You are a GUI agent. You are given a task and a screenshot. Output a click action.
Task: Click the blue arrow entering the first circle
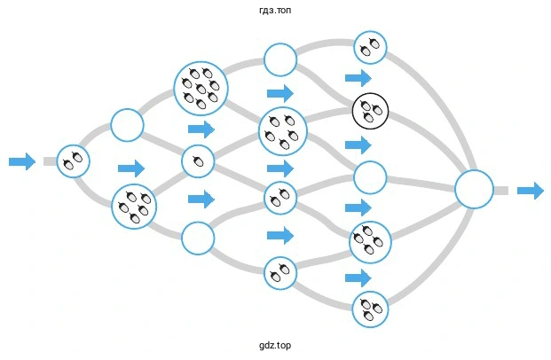click(21, 161)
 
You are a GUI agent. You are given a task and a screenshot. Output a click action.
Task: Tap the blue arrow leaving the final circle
click(530, 190)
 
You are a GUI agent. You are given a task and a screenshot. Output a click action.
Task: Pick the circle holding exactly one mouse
click(198, 161)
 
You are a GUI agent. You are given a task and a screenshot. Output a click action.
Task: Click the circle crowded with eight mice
click(201, 88)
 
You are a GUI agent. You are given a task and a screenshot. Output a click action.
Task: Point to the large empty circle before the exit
click(474, 190)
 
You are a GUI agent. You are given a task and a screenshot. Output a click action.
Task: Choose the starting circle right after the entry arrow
click(74, 160)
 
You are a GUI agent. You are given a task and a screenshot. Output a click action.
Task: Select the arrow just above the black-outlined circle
click(358, 78)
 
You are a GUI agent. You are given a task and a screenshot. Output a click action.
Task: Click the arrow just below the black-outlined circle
click(358, 144)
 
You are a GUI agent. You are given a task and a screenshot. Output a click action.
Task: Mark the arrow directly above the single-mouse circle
click(201, 129)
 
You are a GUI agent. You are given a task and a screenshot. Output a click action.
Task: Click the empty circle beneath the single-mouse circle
click(198, 237)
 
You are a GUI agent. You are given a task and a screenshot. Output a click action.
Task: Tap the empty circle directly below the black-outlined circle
click(371, 177)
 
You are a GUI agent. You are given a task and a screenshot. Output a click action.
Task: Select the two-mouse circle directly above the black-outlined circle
click(370, 46)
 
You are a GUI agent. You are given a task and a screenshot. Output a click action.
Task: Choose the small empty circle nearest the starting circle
click(127, 125)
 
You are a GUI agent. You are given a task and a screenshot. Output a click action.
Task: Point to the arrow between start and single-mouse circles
click(130, 168)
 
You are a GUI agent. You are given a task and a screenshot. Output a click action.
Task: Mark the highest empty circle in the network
click(280, 60)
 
